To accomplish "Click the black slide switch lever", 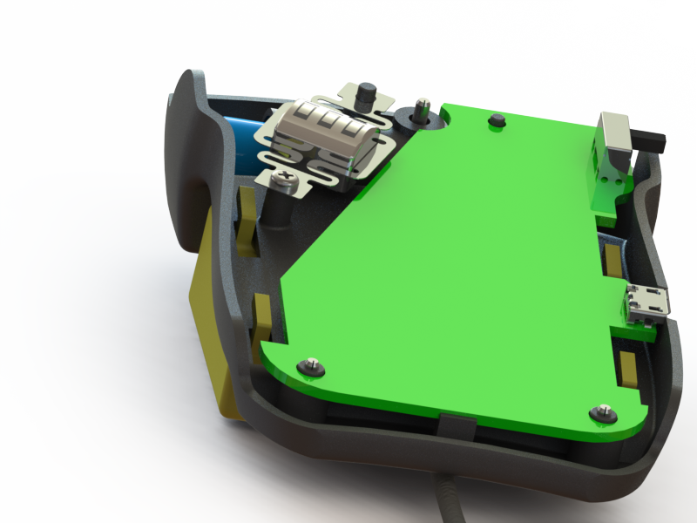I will (x=648, y=139).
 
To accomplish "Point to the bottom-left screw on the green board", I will (x=309, y=366).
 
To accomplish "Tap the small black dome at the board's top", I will (x=497, y=119).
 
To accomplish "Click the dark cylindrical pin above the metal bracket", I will (x=367, y=94).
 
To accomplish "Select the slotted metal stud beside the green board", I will (x=423, y=107).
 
